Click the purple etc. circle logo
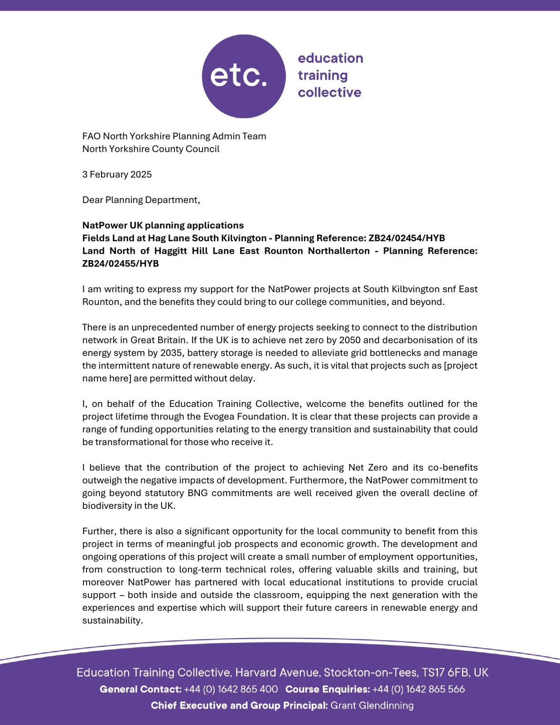(x=243, y=76)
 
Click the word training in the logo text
(x=323, y=75)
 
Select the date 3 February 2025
(x=117, y=174)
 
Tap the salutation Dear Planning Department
(x=141, y=200)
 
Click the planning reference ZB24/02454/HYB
(x=406, y=238)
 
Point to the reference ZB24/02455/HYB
(x=121, y=263)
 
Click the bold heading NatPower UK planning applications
(x=163, y=225)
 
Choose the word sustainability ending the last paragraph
(x=112, y=620)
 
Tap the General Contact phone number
(x=231, y=689)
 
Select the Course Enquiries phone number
(x=419, y=689)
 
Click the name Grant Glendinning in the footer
(x=372, y=706)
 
